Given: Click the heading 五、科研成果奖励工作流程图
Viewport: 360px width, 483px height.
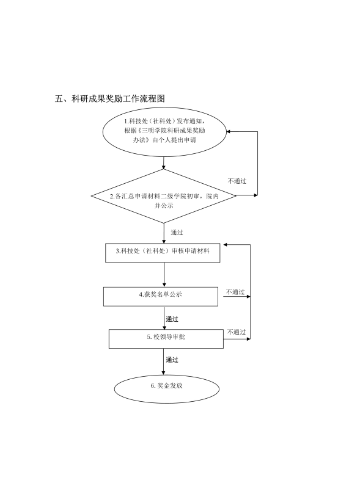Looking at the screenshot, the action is coord(110,98).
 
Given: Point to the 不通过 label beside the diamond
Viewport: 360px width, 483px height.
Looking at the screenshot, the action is coord(237,181).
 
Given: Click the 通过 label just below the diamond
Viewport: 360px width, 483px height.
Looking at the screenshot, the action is coord(177,233).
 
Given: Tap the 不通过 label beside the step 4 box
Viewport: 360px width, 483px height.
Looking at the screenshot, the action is coord(235,292).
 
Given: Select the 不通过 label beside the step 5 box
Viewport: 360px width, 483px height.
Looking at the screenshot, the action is coord(237,332).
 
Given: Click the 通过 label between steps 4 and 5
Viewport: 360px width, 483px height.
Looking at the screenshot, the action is coord(172,319).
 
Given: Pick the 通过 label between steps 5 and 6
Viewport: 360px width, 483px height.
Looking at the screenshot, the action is coord(172,360).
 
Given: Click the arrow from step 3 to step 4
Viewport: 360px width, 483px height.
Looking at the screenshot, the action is coord(164,275).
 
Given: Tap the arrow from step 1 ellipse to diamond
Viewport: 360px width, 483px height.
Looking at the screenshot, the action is coord(164,163).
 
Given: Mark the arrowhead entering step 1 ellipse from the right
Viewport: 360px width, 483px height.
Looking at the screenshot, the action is coord(229,132).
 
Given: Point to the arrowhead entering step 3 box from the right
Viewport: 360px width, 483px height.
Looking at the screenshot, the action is coord(226,245).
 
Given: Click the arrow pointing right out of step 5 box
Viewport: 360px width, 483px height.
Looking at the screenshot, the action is coord(237,340).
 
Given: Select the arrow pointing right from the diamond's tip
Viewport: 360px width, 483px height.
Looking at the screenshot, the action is coord(247,195).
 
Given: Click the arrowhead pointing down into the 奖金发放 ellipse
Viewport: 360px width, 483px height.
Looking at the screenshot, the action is coord(164,373).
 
